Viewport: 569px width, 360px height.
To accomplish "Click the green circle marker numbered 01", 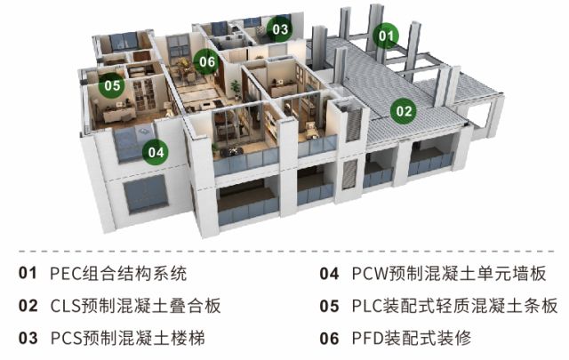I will (386, 36).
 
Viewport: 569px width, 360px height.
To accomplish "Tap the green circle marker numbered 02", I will (404, 111).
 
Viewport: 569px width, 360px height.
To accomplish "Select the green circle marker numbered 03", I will (280, 29).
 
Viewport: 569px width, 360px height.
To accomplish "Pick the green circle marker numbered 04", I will (156, 152).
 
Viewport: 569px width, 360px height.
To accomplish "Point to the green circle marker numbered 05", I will (111, 86).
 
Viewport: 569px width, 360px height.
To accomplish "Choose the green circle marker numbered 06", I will (206, 62).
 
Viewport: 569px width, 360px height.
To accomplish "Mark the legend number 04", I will (329, 274).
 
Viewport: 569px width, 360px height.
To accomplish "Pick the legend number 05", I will (329, 306).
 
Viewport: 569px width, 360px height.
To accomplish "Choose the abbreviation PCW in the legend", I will (370, 274).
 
